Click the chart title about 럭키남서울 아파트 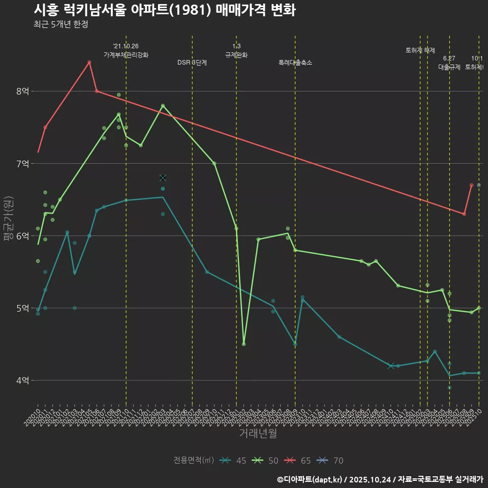pos(165,10)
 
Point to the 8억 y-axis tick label pos(22,91)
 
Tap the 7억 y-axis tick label pos(22,164)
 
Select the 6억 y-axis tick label pos(22,236)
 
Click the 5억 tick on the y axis pos(22,308)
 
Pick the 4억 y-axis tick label pos(22,380)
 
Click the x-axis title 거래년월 pos(258,434)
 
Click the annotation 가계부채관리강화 pos(126,55)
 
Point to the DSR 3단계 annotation pos(192,63)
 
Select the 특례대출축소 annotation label pos(295,63)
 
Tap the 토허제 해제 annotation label pos(420,50)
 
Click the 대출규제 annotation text pos(449,67)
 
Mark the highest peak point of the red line pos(89,62)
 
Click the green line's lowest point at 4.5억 pos(244,344)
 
